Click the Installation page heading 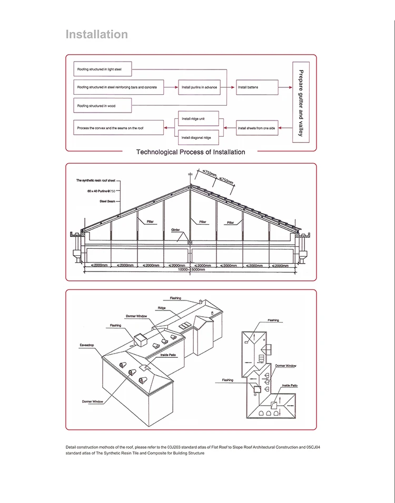coord(96,35)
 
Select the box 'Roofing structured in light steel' coord(102,69)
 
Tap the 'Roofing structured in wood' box coord(102,106)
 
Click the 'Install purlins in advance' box coord(199,87)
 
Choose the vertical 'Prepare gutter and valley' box coord(300,103)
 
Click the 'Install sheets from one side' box coord(256,128)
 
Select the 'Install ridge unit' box coord(199,119)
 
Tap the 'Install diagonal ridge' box coord(199,137)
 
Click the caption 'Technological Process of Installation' coord(191,152)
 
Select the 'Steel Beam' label coord(107,201)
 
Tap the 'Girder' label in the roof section coord(175,230)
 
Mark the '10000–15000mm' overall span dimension coord(191,270)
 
